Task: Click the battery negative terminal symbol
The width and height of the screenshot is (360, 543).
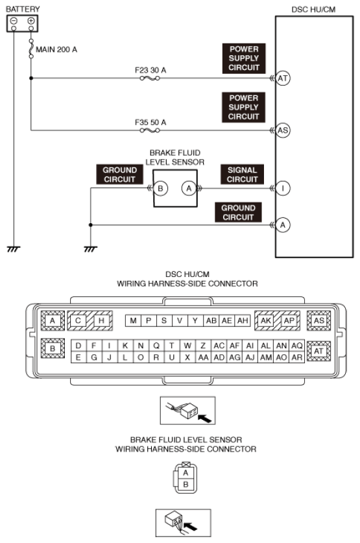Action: [x=14, y=21]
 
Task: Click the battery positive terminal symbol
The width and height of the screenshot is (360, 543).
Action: [x=30, y=21]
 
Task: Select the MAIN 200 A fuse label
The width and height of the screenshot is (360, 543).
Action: [x=56, y=49]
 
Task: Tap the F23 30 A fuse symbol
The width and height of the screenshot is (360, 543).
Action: [x=150, y=78]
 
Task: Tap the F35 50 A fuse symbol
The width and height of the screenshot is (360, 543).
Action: [x=150, y=130]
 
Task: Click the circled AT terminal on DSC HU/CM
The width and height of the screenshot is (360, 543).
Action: [x=283, y=78]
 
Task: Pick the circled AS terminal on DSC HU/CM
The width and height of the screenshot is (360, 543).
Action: [x=283, y=130]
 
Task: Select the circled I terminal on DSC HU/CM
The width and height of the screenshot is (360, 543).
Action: [x=283, y=188]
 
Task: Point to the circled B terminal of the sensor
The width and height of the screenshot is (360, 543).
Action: [x=160, y=188]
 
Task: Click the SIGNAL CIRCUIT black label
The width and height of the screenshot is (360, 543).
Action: [x=243, y=175]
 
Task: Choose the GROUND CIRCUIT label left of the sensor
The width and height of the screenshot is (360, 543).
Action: [x=119, y=175]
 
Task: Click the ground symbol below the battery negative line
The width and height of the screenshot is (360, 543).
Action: [x=14, y=249]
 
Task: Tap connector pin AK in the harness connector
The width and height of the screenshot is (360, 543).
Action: [x=266, y=320]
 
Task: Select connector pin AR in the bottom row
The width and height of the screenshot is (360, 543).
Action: [x=297, y=357]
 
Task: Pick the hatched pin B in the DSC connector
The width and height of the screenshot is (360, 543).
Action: [x=53, y=348]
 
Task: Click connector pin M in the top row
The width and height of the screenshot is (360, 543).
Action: [x=133, y=320]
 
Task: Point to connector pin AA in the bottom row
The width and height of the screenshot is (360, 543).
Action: [x=203, y=357]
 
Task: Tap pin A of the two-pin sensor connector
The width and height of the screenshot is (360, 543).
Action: [x=186, y=473]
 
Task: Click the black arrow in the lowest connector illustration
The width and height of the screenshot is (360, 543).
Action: [x=191, y=527]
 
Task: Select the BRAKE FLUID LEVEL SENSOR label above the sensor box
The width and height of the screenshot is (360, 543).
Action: [x=174, y=157]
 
